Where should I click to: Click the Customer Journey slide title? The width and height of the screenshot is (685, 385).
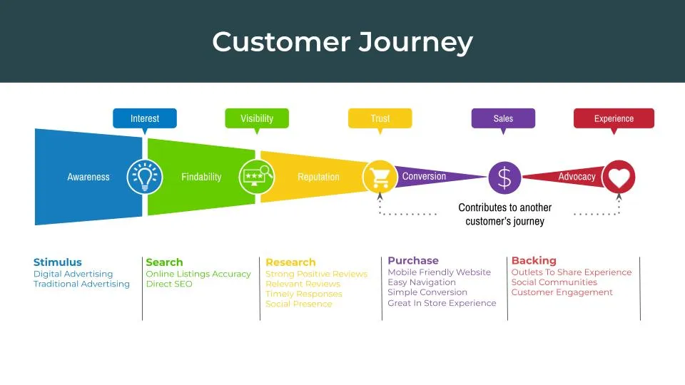coord(342,42)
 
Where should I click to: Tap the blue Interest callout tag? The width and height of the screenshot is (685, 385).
coord(145,118)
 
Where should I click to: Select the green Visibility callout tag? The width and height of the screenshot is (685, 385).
coord(257,118)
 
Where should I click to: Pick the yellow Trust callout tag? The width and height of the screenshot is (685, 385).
coord(380,118)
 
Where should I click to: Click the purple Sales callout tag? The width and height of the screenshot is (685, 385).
coord(503,118)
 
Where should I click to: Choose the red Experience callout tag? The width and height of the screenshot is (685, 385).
coord(614,118)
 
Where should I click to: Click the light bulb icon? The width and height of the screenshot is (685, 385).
coord(144,177)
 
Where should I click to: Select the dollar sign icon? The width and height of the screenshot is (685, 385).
coord(504,177)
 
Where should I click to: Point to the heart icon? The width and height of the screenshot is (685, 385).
coord(618,177)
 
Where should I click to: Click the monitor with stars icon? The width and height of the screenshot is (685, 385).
coord(256,175)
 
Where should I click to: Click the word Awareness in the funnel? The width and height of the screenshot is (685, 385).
coord(88,177)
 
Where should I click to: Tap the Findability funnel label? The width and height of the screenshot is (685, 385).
coord(201,177)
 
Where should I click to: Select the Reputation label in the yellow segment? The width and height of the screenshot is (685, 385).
coord(318,177)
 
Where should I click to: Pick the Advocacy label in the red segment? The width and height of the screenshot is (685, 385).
coord(577,177)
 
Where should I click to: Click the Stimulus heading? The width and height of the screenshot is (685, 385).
coord(58,262)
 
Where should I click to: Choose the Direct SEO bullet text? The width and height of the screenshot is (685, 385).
coord(169,284)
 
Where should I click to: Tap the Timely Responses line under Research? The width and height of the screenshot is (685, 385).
coord(303,294)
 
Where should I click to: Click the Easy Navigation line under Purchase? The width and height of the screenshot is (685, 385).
coord(422,282)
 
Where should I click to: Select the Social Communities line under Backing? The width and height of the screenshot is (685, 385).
coord(554,282)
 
